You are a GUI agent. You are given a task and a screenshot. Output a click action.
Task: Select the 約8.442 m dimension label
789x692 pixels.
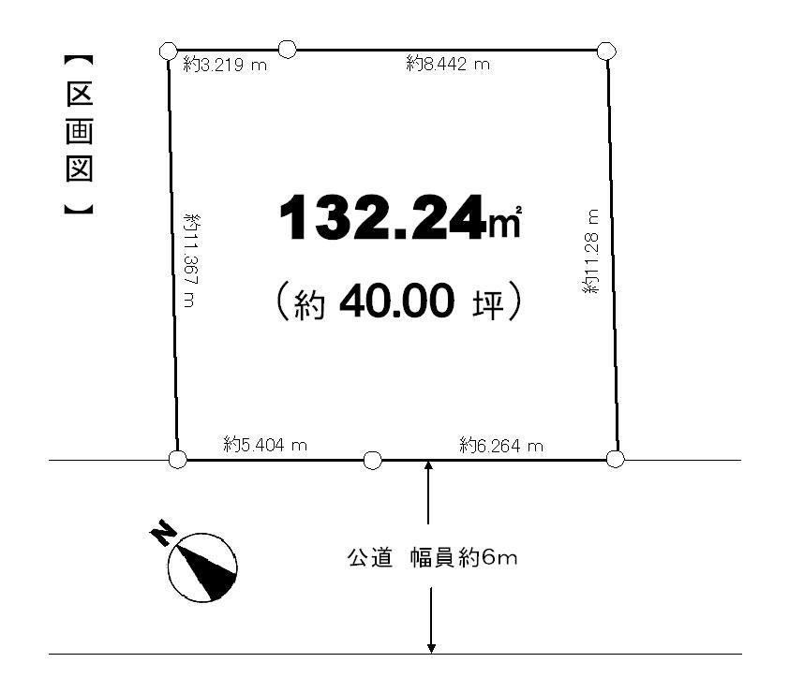coord(449,64)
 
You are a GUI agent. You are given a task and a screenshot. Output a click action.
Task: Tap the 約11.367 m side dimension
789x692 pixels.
coord(191,260)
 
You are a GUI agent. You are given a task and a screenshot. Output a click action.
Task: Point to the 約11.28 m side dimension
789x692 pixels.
coord(590,252)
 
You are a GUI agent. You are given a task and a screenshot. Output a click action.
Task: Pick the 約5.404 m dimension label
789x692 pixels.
coord(265,445)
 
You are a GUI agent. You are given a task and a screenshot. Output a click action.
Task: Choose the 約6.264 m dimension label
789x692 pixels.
coord(501,446)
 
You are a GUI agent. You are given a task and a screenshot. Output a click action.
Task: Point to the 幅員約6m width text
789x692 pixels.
coord(464,559)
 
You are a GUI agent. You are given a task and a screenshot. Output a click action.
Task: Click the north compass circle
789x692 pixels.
coord(202,567)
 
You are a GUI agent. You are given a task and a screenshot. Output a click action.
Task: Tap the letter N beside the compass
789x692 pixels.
coord(161,535)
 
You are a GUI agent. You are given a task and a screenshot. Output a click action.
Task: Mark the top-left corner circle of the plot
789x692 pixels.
coord(168,51)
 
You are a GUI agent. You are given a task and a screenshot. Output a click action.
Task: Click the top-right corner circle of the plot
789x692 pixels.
coord(605,51)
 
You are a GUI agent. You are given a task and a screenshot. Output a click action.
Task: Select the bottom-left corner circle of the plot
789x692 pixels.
coord(177,459)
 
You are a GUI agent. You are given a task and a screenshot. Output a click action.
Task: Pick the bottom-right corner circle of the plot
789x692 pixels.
coord(615,459)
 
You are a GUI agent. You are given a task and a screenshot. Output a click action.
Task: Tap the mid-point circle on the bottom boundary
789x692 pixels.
coord(372,460)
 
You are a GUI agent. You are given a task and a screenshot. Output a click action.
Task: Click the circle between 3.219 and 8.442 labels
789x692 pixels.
coord(288,49)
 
